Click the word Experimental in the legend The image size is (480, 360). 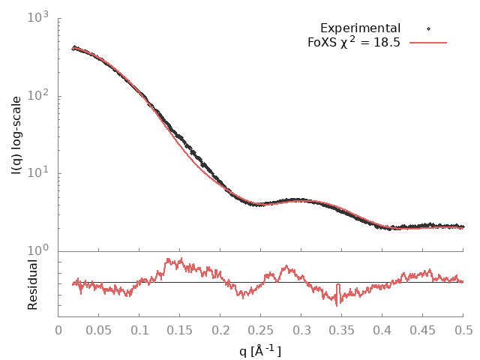360,28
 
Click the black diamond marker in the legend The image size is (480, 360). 428,28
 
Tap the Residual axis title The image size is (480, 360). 32,284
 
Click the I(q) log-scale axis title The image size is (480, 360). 16,135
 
